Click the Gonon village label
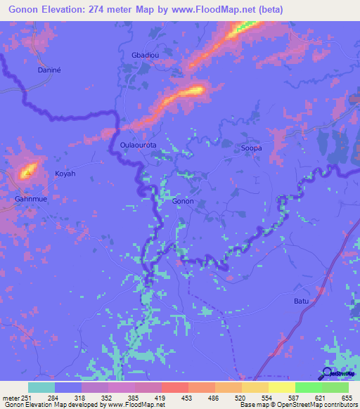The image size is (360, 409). (x=183, y=201)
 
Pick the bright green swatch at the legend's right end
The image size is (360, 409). (x=335, y=387)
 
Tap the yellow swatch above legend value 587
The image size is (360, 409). (x=282, y=387)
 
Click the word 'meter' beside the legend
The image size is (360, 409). (x=11, y=397)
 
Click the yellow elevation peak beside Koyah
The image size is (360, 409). (x=29, y=169)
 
